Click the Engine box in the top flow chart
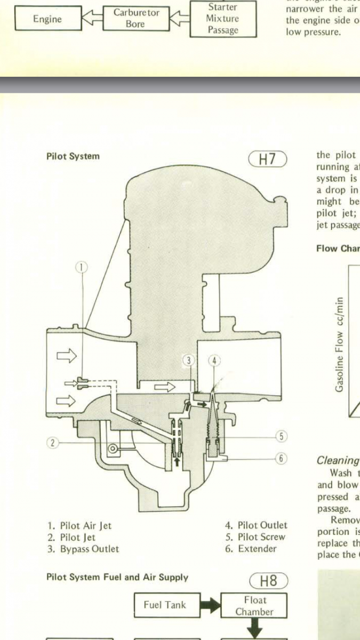[x=47, y=19]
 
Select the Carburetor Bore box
[x=135, y=19]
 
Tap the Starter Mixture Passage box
[x=223, y=19]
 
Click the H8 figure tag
[x=268, y=581]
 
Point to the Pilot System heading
[x=73, y=157]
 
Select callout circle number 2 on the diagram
[x=52, y=442]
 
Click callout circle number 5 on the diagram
[x=282, y=436]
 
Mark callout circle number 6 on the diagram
[x=282, y=458]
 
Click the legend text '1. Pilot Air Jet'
[x=79, y=525]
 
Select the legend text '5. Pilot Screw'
[x=255, y=537]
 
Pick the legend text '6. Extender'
[x=251, y=549]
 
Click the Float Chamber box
[x=254, y=605]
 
